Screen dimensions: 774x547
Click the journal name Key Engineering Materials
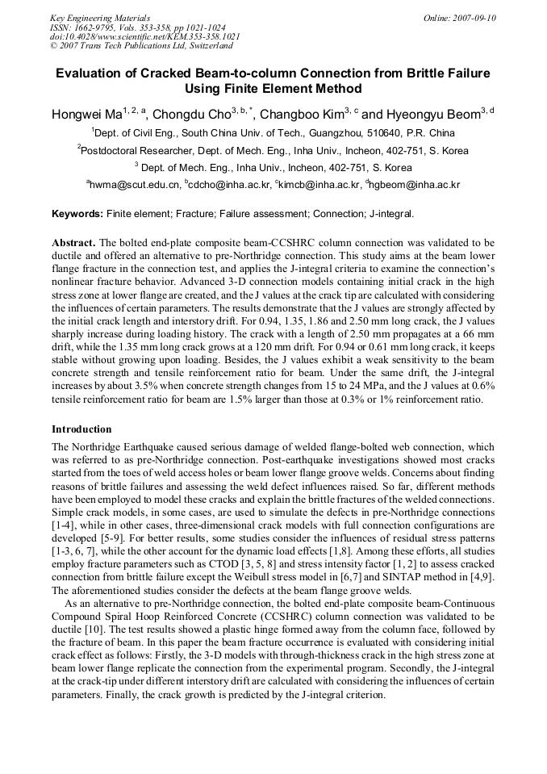99,18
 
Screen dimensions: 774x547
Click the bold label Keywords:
77,214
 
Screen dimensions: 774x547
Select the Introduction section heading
81,429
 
